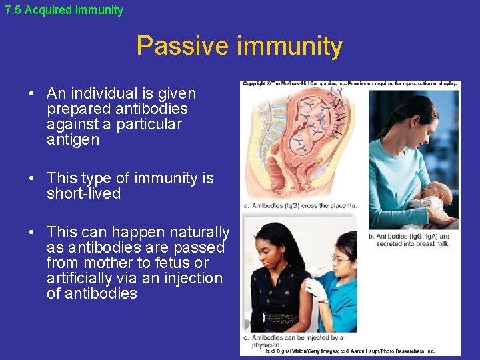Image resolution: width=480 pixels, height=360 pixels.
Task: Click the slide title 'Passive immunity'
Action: (239, 46)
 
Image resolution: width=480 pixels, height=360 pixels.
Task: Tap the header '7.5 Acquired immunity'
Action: (64, 10)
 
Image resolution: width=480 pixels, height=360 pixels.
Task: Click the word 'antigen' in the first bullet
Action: (73, 140)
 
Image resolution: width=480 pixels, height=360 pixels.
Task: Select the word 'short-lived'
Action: (83, 194)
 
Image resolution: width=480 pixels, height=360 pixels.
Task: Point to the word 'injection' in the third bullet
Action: (190, 279)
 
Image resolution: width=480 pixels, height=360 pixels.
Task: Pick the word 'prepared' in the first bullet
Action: (79, 109)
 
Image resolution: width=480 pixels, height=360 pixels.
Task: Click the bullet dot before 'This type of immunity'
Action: (32, 179)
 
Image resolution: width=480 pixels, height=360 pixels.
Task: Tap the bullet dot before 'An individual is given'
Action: (32, 94)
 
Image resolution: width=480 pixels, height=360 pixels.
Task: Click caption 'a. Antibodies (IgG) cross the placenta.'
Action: (300, 206)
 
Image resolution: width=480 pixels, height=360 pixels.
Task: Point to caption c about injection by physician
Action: (293, 341)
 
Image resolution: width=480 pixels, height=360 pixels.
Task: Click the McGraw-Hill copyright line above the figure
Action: (349, 84)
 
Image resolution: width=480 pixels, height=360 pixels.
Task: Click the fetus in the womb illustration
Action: (307, 127)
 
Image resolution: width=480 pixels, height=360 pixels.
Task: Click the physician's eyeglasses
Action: (340, 260)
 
